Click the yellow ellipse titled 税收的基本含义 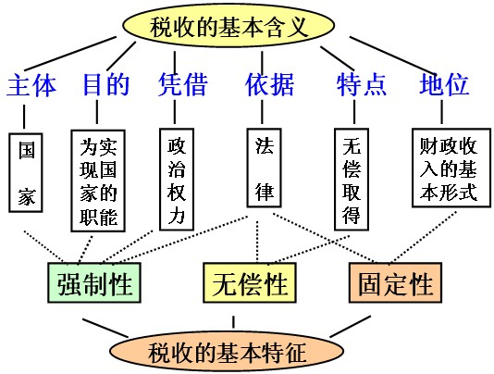click(x=228, y=26)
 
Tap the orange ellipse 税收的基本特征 click(x=227, y=351)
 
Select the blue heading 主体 click(x=31, y=85)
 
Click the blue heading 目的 click(x=106, y=84)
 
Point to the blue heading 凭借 click(x=183, y=84)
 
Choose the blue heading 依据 click(x=270, y=84)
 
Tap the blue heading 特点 click(x=362, y=84)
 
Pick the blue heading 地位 click(x=444, y=84)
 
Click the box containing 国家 click(x=26, y=173)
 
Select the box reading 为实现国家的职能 click(x=98, y=181)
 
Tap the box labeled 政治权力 click(x=177, y=179)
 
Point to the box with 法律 click(x=264, y=168)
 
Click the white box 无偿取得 click(x=352, y=179)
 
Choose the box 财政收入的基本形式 click(x=451, y=168)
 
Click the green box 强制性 click(x=94, y=282)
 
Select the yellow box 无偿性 click(x=250, y=282)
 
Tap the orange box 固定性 click(x=395, y=282)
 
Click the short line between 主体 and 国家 click(x=24, y=117)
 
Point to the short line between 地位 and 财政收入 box click(x=441, y=112)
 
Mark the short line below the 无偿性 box click(x=233, y=322)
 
